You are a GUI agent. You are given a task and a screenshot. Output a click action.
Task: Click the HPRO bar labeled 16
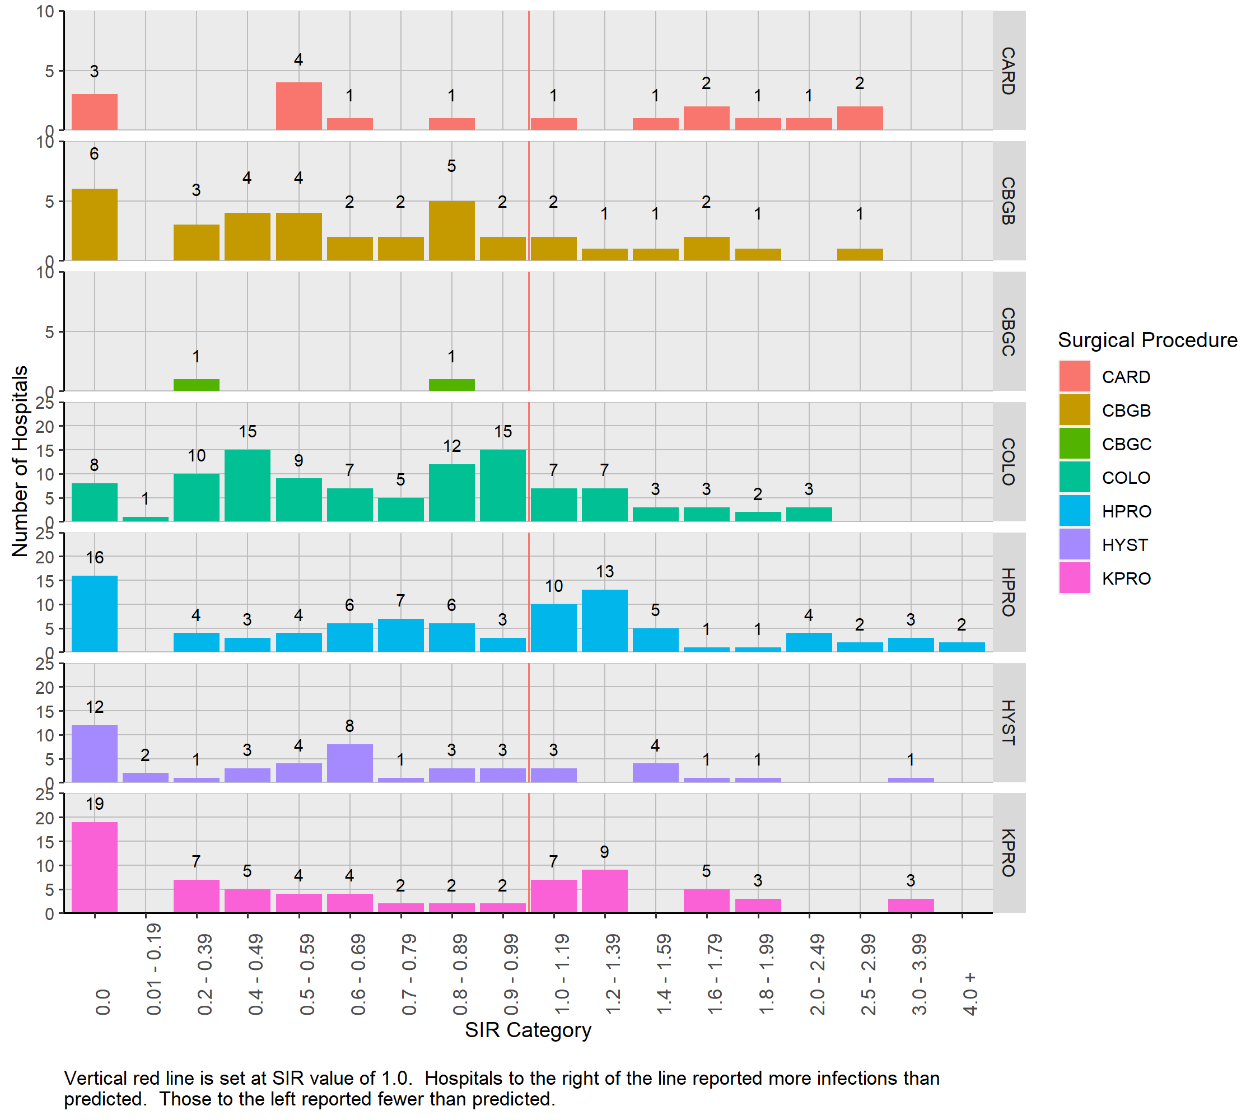[x=94, y=613]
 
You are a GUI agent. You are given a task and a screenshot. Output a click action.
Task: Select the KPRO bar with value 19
[x=94, y=867]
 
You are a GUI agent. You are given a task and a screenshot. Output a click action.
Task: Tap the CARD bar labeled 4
[x=299, y=106]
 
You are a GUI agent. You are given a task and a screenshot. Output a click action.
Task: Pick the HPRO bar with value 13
[x=605, y=620]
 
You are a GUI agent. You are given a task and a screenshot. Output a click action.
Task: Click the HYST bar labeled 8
[x=349, y=763]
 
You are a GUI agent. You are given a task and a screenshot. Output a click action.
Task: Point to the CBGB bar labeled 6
[x=94, y=225]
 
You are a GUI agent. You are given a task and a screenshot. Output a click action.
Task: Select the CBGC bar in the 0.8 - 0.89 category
[x=452, y=385]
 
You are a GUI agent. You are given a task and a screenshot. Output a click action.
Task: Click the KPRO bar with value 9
[x=605, y=891]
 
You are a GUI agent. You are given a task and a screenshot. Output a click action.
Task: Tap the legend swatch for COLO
[x=1075, y=477]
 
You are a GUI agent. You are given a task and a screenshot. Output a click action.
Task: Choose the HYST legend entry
[x=1125, y=545]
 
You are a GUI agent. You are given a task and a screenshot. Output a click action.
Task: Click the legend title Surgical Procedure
[x=1147, y=340]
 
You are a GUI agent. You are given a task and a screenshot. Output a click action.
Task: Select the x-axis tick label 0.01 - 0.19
[x=153, y=969]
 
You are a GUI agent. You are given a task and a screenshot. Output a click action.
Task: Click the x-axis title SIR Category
[x=528, y=1030]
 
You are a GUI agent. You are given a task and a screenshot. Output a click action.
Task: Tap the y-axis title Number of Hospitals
[x=20, y=461]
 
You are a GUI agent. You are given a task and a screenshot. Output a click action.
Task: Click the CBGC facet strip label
[x=1009, y=332]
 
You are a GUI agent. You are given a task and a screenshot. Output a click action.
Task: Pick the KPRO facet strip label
[x=1009, y=852]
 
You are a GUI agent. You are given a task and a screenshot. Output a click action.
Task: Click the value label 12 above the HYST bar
[x=94, y=707]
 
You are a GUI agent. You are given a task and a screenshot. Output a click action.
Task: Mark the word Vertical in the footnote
[x=101, y=1078]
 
